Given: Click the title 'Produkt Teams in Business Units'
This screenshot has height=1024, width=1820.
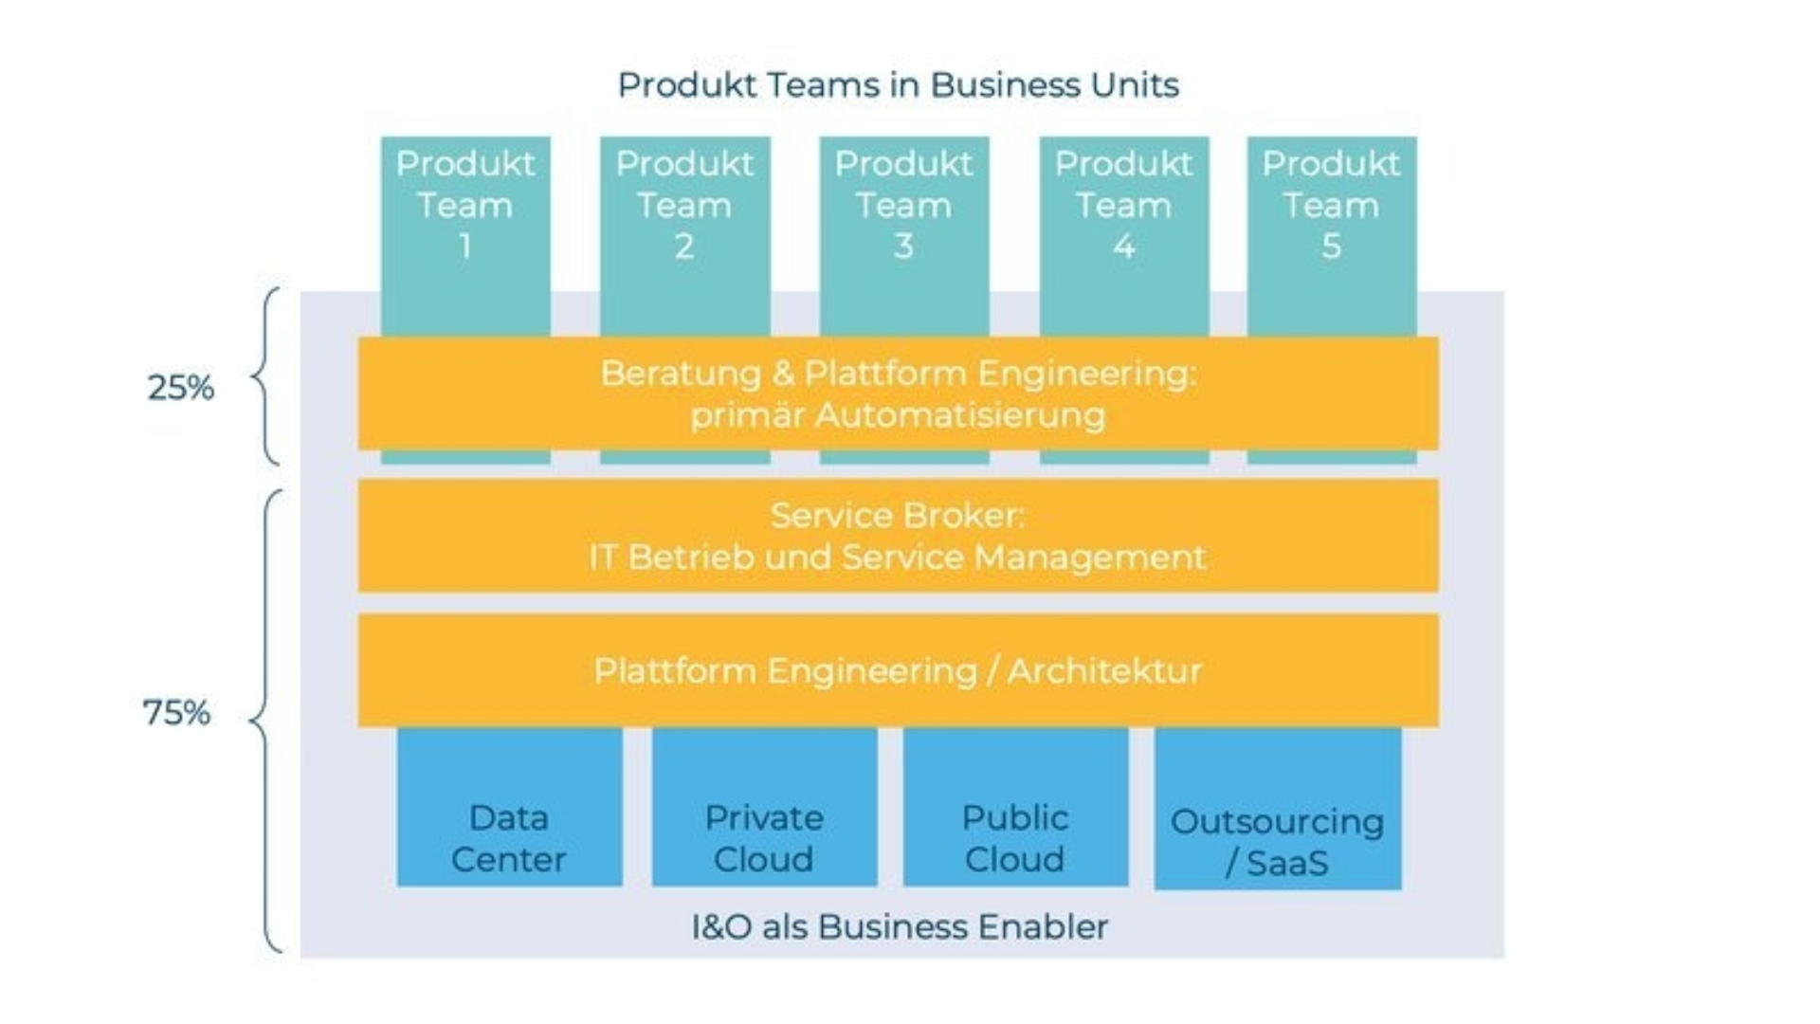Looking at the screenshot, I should coord(898,85).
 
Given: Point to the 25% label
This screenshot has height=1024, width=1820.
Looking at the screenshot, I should coord(180,388).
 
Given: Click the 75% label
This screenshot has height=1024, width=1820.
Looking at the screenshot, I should coord(176,713).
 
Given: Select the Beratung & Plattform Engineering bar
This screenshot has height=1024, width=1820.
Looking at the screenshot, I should coord(898,393).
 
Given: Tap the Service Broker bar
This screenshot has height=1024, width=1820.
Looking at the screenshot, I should coord(898,536).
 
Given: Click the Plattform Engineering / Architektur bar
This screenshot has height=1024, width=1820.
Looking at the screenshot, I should coord(898,671).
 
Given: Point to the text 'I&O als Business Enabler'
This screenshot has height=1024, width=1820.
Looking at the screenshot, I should coord(900,926).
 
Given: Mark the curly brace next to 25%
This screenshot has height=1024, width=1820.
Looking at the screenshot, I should coord(264,376).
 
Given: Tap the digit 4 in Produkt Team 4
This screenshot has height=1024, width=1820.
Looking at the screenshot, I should coord(1123,247).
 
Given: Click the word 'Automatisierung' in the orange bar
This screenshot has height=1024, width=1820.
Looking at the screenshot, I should coord(960,415).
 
